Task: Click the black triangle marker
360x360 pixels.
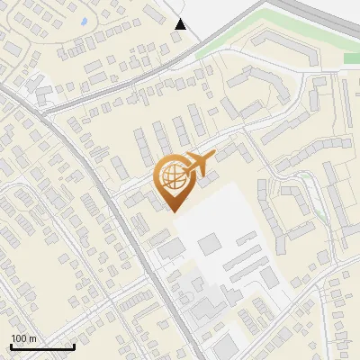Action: (181, 24)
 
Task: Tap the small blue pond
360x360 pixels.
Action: (84, 21)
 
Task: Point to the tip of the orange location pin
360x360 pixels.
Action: (173, 211)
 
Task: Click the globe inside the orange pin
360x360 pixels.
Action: (170, 176)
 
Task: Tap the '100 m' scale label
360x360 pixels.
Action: (23, 338)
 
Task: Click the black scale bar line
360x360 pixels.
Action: (42, 346)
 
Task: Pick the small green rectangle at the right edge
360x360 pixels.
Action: (351, 58)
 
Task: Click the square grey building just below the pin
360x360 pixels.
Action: (208, 243)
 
